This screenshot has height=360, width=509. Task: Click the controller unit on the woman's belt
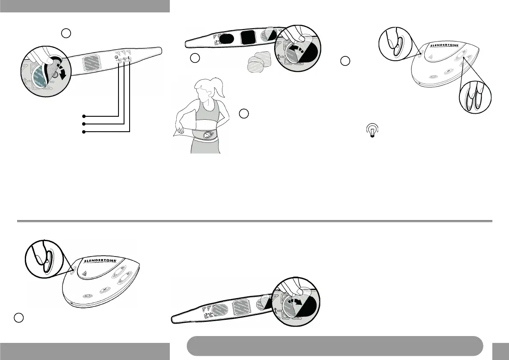click(x=207, y=135)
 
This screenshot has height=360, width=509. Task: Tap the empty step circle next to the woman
click(x=243, y=113)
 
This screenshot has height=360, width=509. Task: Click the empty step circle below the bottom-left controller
click(x=18, y=318)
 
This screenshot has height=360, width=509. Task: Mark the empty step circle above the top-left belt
click(x=66, y=32)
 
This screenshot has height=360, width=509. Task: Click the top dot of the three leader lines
click(x=84, y=116)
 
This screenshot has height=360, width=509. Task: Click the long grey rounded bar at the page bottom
click(x=335, y=345)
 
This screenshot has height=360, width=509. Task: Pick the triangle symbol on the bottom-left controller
click(x=84, y=274)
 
